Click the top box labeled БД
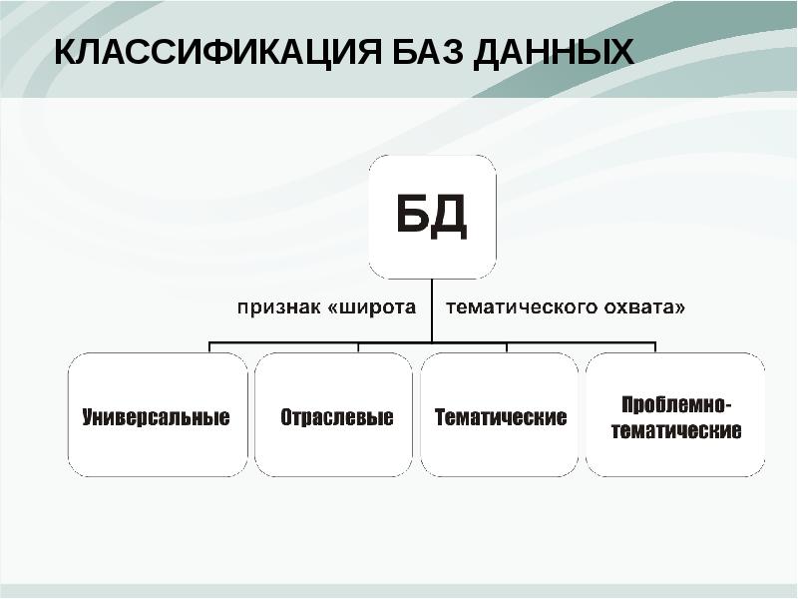[x=432, y=217]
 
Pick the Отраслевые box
[x=333, y=414]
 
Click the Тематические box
[x=500, y=414]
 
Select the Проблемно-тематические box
[x=674, y=414]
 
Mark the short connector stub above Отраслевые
[x=358, y=346]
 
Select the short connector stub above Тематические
[x=507, y=346]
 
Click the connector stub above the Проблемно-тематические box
[x=654, y=346]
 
